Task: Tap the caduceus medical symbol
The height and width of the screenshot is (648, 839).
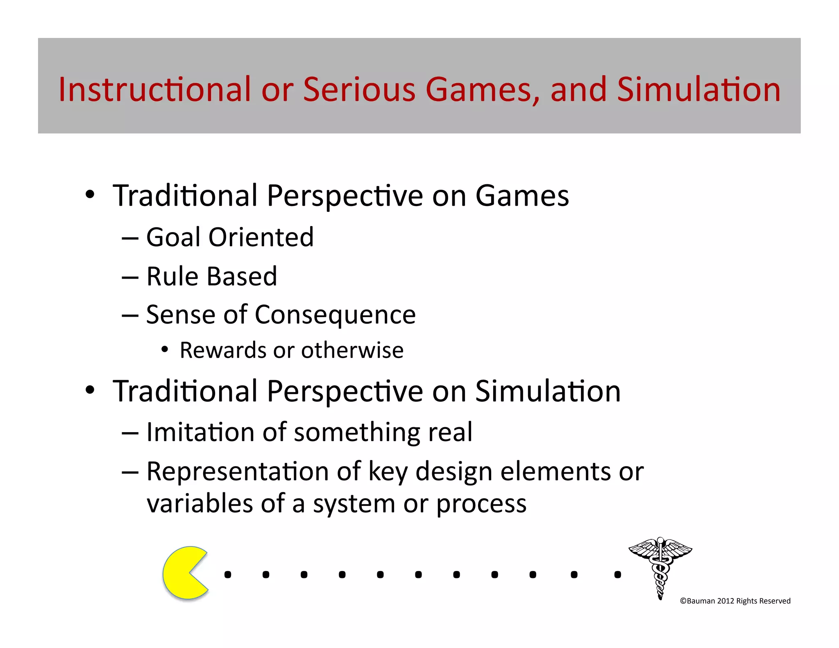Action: click(x=660, y=567)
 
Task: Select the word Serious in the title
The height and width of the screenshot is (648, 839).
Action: click(x=359, y=89)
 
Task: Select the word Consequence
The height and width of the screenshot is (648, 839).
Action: click(x=335, y=315)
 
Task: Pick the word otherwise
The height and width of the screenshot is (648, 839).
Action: click(x=352, y=350)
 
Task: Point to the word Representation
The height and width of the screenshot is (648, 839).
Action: click(x=238, y=471)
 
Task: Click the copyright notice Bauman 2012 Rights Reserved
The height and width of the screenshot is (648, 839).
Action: click(x=735, y=601)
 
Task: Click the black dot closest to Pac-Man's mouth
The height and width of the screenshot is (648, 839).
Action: click(x=228, y=575)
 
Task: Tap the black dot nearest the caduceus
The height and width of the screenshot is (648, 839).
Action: click(x=617, y=575)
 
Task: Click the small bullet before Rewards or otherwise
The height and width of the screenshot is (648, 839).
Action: click(x=165, y=349)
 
